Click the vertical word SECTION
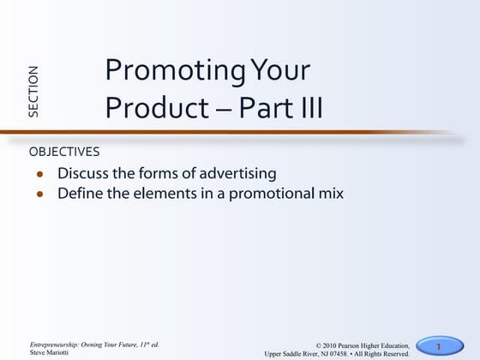(x=33, y=91)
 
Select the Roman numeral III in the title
(x=308, y=108)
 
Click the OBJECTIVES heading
(x=64, y=152)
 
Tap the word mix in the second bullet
(x=330, y=194)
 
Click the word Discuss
(x=84, y=173)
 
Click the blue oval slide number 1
(x=438, y=345)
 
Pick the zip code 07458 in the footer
(x=354, y=352)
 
